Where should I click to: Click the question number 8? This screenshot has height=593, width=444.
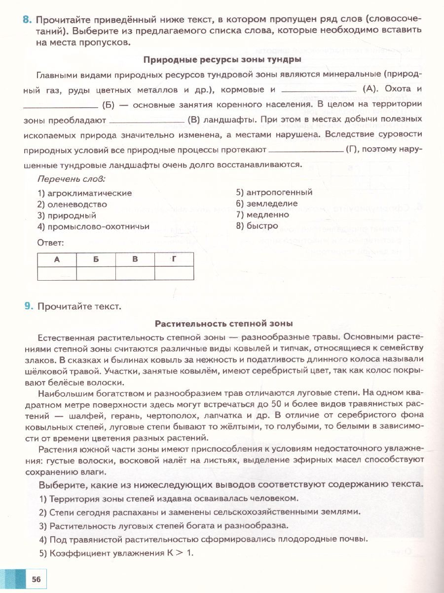(27, 19)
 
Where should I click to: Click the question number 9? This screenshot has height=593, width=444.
(29, 306)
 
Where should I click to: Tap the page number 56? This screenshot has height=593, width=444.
(36, 579)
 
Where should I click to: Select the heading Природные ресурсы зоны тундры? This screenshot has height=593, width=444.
(222, 60)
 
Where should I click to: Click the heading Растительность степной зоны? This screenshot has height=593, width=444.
(224, 324)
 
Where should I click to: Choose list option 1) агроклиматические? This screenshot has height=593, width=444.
(84, 193)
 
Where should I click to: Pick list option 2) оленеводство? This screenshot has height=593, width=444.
(72, 204)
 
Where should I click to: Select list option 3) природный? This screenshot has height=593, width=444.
(67, 215)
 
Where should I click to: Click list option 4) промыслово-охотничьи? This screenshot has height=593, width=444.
(93, 227)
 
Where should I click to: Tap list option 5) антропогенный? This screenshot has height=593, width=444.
(274, 192)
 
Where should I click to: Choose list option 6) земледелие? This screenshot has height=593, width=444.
(266, 204)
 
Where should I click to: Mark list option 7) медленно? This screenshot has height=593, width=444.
(262, 215)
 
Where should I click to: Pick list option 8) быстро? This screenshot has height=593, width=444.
(257, 226)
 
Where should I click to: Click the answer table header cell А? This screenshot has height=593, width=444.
(57, 259)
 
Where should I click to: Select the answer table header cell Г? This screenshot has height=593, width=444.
(174, 259)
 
